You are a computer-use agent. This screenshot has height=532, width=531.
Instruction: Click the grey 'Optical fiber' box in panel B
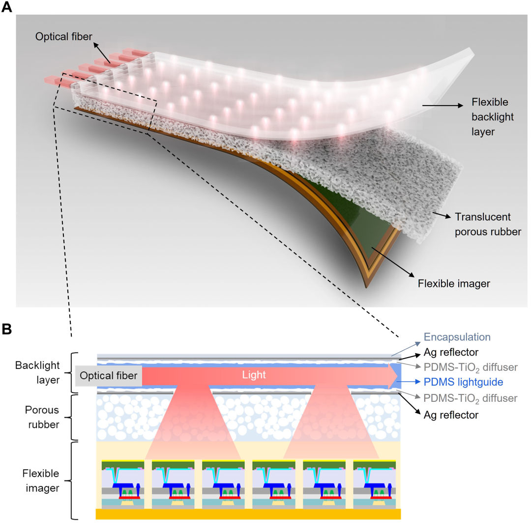click(x=108, y=375)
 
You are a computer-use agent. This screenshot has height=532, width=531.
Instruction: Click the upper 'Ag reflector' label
click(x=451, y=352)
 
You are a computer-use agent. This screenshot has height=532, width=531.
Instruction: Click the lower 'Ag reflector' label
click(x=451, y=415)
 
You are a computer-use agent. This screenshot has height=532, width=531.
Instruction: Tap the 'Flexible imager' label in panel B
click(x=41, y=480)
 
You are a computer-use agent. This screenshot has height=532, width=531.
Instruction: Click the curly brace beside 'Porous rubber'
click(x=75, y=417)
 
